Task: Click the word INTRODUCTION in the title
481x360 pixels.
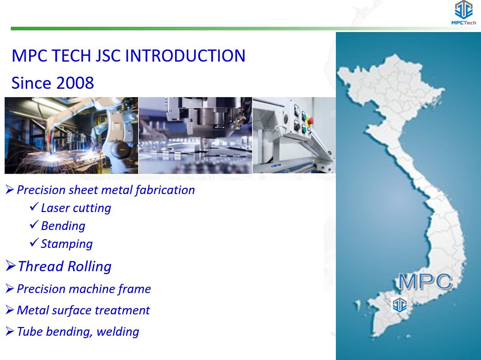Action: tap(185, 56)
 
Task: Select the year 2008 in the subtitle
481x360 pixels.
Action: tap(75, 83)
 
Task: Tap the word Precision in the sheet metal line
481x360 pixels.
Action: tap(41, 190)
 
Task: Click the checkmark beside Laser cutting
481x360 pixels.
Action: tap(34, 206)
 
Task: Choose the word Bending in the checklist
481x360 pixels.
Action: tap(63, 226)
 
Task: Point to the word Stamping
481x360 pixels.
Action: tap(66, 244)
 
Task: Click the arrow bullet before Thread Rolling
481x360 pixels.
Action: tap(10, 265)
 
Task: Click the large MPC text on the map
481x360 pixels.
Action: tap(426, 281)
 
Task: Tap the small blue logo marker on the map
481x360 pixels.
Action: tap(399, 305)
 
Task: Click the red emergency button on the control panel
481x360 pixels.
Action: tap(310, 121)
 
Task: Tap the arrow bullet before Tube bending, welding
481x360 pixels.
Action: tap(10, 331)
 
